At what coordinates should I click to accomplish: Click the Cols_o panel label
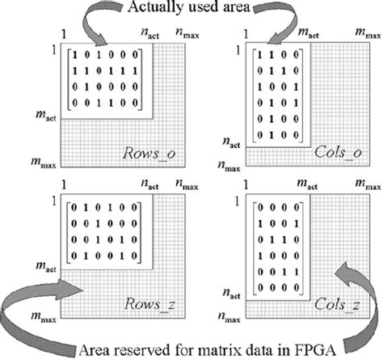(330, 152)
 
